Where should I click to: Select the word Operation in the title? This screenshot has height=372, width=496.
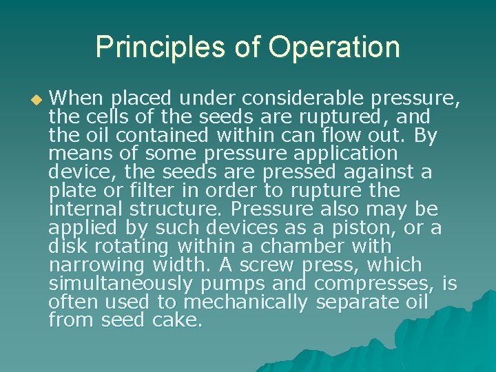[x=334, y=47]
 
